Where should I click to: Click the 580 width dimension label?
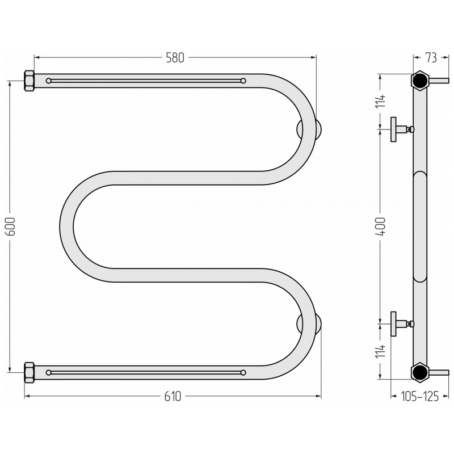(x=175, y=58)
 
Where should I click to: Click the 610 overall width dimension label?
(x=173, y=396)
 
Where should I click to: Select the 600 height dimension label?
(x=11, y=226)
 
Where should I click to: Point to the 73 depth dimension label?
(x=431, y=58)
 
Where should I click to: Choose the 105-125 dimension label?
(x=419, y=396)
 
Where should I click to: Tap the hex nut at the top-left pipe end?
(x=29, y=81)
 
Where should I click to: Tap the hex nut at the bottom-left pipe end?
(x=29, y=372)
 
